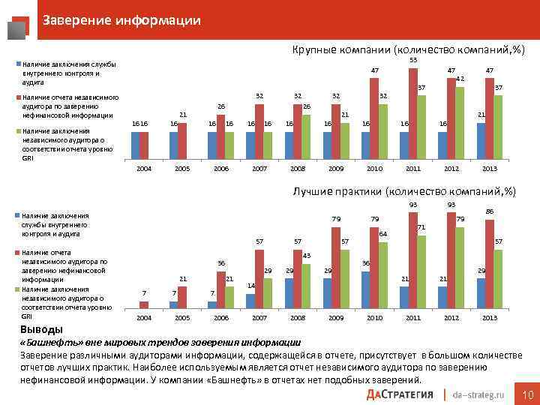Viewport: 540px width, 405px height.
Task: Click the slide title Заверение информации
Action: (121, 20)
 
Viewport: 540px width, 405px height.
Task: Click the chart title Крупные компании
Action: (404, 49)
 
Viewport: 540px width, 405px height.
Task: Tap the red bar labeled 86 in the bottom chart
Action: (490, 263)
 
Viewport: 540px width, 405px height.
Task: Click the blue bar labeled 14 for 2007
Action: (250, 300)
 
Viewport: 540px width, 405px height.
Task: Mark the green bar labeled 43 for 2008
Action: (306, 285)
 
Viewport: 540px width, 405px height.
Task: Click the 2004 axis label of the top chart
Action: (144, 169)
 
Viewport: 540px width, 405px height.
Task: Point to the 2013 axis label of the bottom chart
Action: (490, 318)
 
